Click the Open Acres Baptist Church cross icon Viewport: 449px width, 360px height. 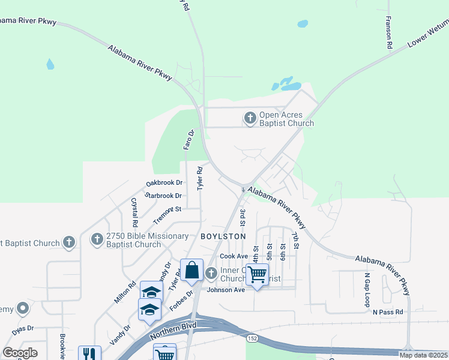click(250, 118)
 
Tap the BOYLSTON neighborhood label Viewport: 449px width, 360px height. click(223, 236)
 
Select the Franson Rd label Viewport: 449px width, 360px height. click(389, 33)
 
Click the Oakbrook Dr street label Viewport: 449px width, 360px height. click(164, 183)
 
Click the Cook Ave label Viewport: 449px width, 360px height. click(234, 256)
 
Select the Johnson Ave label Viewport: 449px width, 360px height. click(226, 290)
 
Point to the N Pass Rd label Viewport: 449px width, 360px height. click(388, 312)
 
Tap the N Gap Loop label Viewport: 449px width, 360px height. click(367, 290)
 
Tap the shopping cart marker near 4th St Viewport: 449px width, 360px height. click(257, 275)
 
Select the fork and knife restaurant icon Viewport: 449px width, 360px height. click(89, 353)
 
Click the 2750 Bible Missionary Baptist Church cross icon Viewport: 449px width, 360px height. click(97, 240)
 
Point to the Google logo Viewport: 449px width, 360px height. click(20, 353)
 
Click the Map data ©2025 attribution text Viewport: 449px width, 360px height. click(423, 355)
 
